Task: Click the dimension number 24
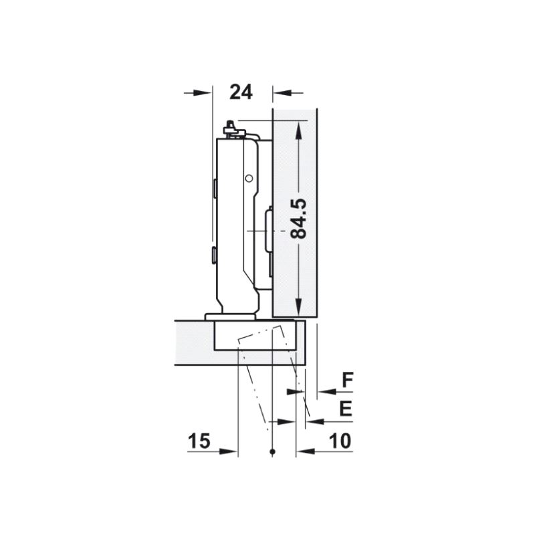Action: [241, 92]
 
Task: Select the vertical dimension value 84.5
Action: [298, 219]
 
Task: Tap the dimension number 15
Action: [199, 441]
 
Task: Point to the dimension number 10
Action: [340, 441]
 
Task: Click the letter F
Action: [347, 380]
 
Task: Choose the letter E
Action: [346, 409]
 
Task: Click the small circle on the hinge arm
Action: [249, 178]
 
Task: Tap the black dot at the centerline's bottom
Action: [272, 452]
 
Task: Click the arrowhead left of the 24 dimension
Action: [201, 92]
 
